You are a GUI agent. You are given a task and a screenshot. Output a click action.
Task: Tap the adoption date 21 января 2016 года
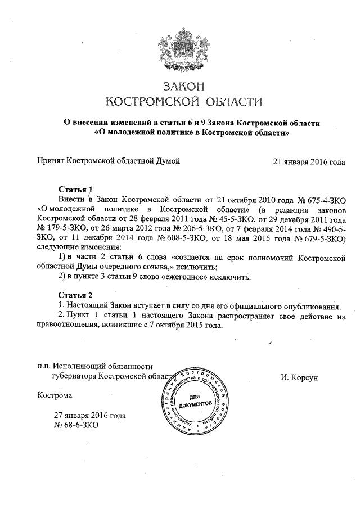(x=309, y=161)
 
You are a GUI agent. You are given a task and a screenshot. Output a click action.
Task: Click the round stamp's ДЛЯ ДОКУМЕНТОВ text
(x=195, y=401)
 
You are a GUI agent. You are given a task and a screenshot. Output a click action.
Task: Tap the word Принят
(x=50, y=161)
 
